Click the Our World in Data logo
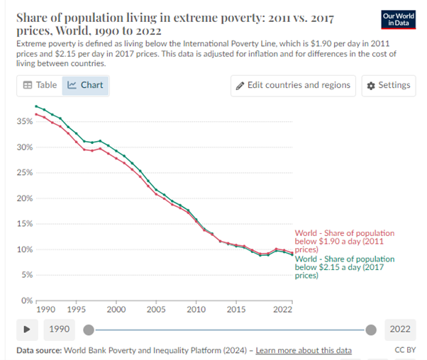point(399,20)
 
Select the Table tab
point(40,85)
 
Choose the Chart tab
point(85,86)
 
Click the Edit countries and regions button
point(293,86)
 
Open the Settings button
point(389,86)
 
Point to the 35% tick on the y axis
point(25,121)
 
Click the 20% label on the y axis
point(25,198)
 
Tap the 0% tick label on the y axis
point(27,300)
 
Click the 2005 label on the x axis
point(156,310)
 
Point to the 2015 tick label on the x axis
point(236,310)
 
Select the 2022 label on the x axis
point(283,310)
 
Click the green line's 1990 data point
point(36,106)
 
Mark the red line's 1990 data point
point(36,114)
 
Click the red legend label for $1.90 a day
point(345,242)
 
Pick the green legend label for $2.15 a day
point(345,267)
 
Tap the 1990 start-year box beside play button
point(60,330)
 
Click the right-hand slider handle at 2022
point(371,330)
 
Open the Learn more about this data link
point(304,351)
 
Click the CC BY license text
point(405,350)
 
